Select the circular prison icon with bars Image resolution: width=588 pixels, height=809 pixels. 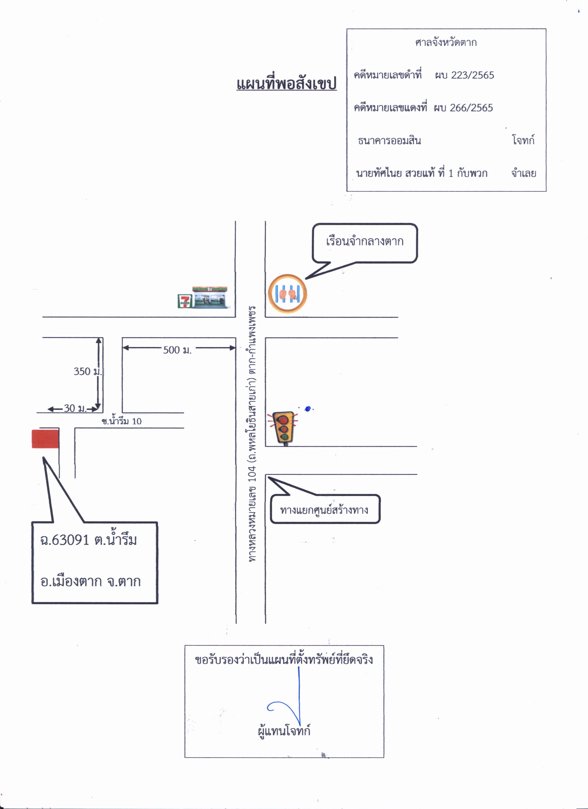point(287,294)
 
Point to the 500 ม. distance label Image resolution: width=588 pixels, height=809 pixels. point(177,350)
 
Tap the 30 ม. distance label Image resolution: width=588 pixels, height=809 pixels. point(75,408)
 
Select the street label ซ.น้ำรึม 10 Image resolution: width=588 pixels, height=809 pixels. point(122,421)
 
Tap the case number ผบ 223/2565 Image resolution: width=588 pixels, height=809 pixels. point(464,75)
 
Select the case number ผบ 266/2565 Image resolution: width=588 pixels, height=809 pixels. point(463,108)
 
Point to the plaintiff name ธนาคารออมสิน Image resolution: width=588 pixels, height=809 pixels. point(389,140)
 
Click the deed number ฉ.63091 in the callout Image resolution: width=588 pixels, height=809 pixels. point(65,540)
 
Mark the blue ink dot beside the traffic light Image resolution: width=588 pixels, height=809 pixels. point(308,409)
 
